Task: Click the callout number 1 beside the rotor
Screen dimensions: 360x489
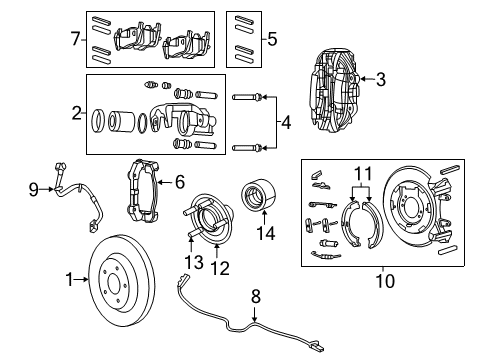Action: tap(70, 281)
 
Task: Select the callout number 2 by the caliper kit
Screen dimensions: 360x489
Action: tap(75, 113)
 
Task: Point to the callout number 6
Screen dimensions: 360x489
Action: tap(180, 182)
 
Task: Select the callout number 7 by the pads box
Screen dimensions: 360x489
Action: tap(75, 40)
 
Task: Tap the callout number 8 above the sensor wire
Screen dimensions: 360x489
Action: tap(254, 295)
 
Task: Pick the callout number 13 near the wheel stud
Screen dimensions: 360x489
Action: tap(189, 263)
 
